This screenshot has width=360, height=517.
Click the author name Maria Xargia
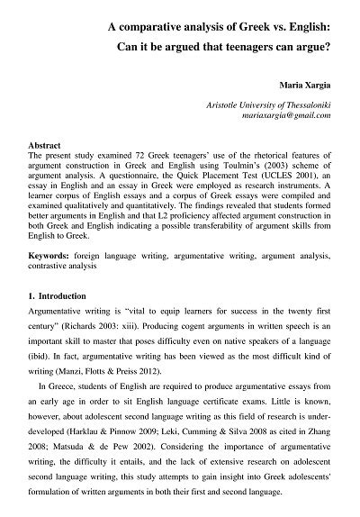[x=315, y=93]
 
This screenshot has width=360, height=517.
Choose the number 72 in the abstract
[x=121, y=155]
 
